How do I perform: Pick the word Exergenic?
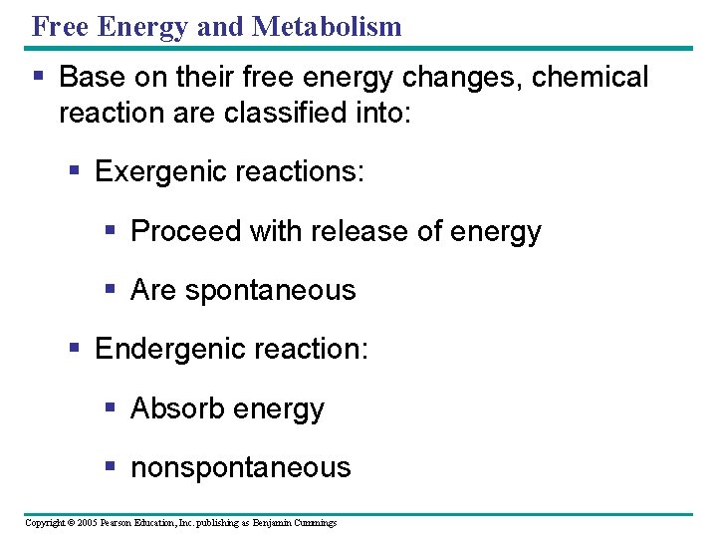(x=159, y=171)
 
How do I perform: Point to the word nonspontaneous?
(x=241, y=467)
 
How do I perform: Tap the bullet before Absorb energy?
(x=112, y=408)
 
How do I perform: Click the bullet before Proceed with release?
(x=112, y=231)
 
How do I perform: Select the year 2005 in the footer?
(x=87, y=523)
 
